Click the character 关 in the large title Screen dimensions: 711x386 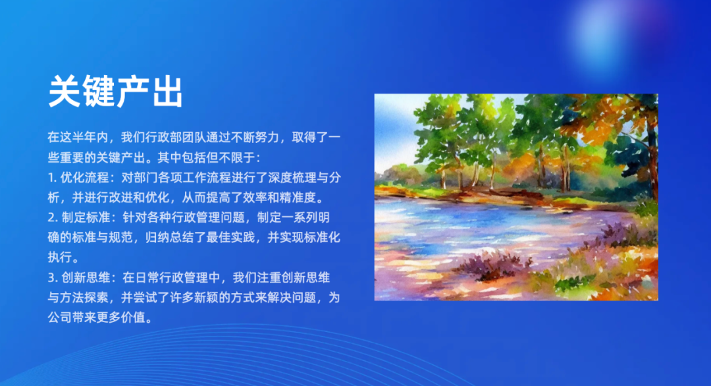click(x=65, y=92)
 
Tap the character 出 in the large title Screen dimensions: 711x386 click(x=167, y=92)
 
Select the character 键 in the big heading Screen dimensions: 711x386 click(x=98, y=92)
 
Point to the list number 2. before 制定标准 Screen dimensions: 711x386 click(x=53, y=217)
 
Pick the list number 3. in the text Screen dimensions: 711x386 click(x=53, y=277)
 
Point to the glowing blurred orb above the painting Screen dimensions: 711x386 click(x=603, y=34)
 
